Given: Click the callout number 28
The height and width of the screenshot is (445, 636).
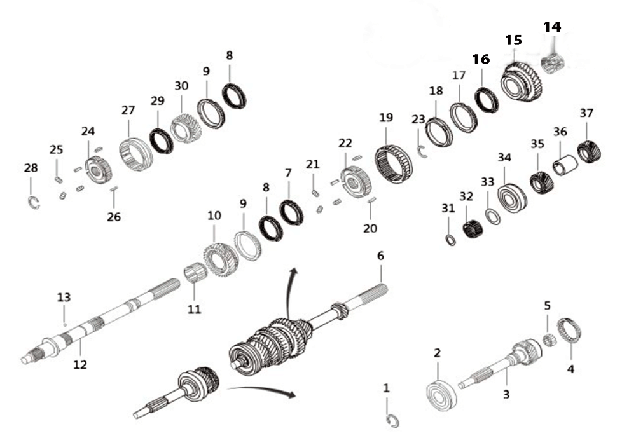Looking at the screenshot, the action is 31,168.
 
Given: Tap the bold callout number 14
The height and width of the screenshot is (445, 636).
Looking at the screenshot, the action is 552,27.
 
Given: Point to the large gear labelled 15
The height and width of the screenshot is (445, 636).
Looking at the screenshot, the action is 522,82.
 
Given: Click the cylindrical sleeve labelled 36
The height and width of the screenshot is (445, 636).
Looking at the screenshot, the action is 565,165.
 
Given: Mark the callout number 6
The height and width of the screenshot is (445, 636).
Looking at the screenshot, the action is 380,256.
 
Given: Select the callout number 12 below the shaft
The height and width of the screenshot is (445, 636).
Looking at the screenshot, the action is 80,364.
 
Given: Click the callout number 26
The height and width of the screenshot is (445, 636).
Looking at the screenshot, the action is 114,217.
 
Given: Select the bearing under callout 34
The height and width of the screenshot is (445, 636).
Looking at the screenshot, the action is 512,198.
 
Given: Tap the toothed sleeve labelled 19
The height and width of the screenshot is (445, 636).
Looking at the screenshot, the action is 394,164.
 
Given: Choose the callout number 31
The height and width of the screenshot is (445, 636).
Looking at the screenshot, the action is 448,209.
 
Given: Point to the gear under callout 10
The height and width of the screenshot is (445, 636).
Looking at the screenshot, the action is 221,259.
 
